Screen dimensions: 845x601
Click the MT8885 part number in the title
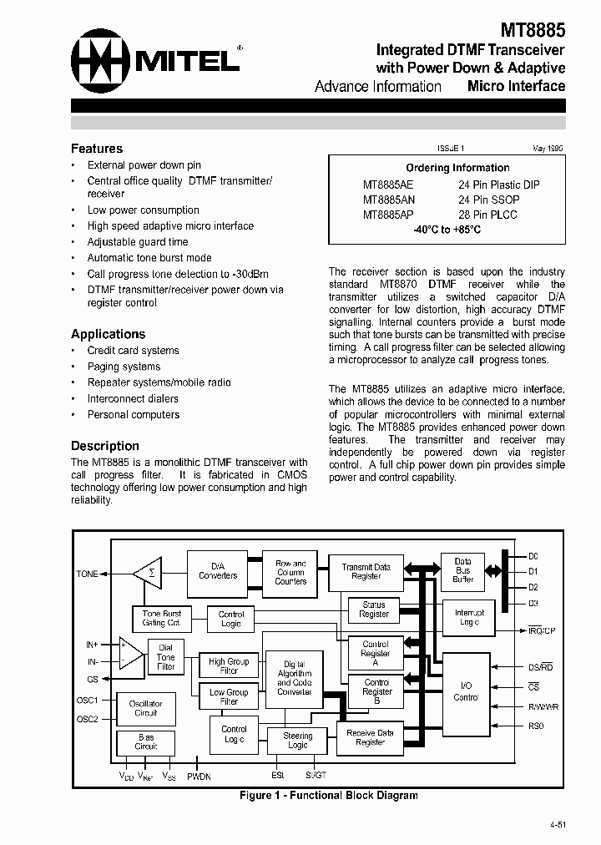point(533,31)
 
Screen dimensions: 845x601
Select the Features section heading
point(97,149)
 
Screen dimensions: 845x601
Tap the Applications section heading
point(108,334)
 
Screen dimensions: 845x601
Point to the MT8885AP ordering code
point(389,215)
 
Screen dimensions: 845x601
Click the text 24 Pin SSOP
point(488,200)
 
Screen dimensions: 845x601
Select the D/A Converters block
point(217,570)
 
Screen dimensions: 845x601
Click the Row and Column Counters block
point(290,572)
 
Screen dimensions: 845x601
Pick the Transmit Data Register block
point(366,572)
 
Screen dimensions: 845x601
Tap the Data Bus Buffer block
point(463,570)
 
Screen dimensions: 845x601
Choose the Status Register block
point(374,610)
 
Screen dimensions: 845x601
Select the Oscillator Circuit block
point(146,708)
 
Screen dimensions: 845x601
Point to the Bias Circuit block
point(146,742)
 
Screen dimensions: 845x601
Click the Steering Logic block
point(298,740)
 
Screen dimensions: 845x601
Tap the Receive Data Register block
point(370,737)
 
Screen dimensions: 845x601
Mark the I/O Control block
point(466,691)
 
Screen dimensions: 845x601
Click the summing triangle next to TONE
point(149,574)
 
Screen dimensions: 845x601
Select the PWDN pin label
point(199,777)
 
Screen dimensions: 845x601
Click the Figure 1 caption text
point(328,795)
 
